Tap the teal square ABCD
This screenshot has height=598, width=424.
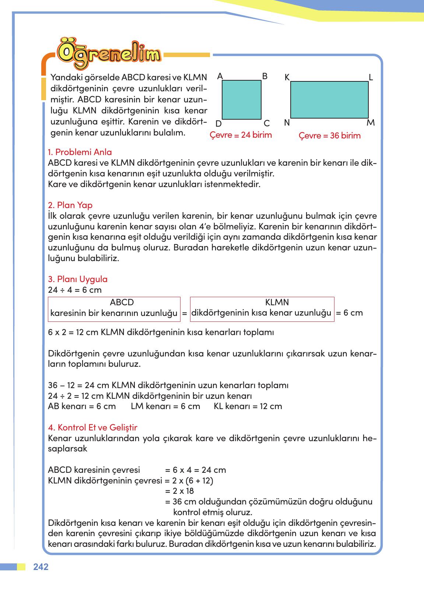[x=241, y=100]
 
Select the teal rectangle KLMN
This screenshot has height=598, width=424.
[x=329, y=100]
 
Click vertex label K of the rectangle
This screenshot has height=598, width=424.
[x=287, y=77]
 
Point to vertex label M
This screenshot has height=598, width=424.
[x=370, y=123]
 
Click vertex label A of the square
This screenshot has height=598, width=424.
[x=220, y=76]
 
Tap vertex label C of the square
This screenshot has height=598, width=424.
[x=267, y=123]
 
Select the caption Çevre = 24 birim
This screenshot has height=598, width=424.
[x=241, y=135]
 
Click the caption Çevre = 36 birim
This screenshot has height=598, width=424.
[x=329, y=136]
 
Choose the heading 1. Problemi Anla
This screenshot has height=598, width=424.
[x=80, y=152]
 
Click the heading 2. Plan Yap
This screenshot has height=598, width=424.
[x=70, y=205]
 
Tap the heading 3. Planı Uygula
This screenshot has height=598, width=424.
[x=78, y=279]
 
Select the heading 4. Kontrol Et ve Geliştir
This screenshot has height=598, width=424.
[x=92, y=428]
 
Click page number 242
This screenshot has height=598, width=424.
[x=41, y=567]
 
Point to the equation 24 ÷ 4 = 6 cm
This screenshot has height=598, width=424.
[x=75, y=290]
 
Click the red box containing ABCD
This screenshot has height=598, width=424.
[x=114, y=309]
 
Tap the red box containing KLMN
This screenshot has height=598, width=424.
[x=262, y=309]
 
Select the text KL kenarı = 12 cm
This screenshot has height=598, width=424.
[x=248, y=407]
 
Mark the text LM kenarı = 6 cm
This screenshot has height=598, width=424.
[x=165, y=407]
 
